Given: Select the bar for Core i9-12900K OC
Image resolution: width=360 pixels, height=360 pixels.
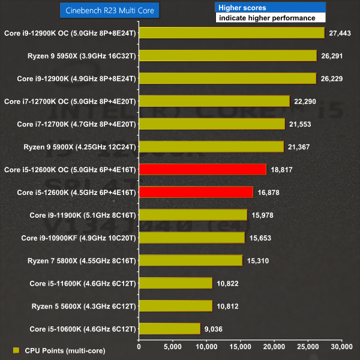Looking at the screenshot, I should click(x=232, y=33).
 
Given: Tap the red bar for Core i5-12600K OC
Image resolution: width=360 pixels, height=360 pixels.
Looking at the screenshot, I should click(x=202, y=169).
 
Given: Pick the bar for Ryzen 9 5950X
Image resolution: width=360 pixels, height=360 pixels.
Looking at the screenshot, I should click(x=227, y=56).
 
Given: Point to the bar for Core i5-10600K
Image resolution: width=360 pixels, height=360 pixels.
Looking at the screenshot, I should click(x=169, y=328).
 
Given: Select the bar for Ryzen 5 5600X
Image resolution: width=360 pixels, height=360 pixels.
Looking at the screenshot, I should click(x=175, y=305).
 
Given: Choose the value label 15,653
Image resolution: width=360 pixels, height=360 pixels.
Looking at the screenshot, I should click(x=261, y=238).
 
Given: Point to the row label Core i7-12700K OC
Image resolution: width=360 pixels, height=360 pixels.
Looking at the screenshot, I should click(x=70, y=101).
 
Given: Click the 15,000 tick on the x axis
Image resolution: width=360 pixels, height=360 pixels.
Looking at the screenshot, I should click(x=240, y=347).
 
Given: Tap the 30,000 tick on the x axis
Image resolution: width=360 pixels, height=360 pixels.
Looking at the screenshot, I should click(x=341, y=347).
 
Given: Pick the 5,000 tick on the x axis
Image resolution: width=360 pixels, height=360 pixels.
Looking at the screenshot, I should click(x=173, y=347).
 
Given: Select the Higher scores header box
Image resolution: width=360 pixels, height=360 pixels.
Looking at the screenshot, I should click(x=270, y=7).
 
